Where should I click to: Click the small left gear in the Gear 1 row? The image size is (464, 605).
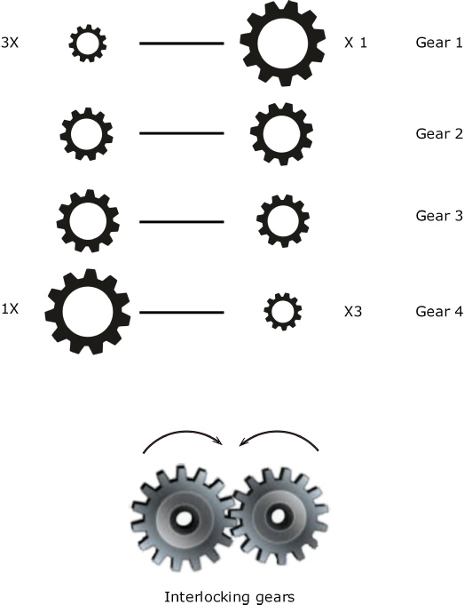pos(88,33)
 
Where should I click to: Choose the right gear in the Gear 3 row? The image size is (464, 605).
pos(283,204)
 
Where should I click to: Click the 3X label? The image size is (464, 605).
pos(10,43)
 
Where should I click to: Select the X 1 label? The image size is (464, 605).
pos(356,43)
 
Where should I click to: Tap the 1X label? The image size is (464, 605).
pos(10,309)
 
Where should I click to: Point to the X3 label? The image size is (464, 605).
pos(353,311)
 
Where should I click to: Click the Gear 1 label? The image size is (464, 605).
pos(439,43)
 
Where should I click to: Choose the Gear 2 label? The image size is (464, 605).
pos(439,134)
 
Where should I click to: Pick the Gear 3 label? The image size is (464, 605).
pos(439,216)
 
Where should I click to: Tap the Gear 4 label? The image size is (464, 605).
pos(439,311)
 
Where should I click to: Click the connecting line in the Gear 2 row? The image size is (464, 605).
pos(182,133)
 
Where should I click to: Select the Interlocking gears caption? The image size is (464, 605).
pos(229,597)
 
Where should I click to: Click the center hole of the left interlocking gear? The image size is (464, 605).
pos(182,519)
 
